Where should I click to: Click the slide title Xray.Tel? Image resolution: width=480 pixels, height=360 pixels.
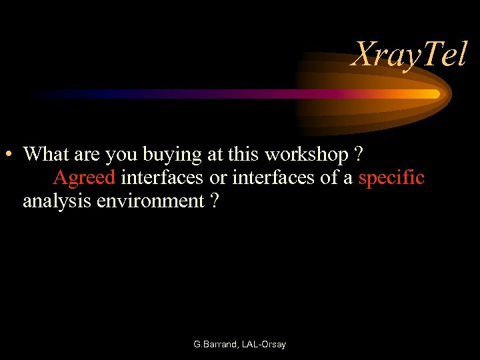(x=409, y=55)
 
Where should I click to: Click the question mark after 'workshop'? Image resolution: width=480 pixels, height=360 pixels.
(x=359, y=155)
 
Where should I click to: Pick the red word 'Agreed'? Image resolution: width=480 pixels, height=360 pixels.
(x=84, y=179)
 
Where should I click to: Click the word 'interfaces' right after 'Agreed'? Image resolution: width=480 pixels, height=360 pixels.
(x=162, y=178)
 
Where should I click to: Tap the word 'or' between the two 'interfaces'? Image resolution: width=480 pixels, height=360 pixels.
(x=218, y=178)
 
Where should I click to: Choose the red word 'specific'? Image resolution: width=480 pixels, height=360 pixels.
(x=391, y=179)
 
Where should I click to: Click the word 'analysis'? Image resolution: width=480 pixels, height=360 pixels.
(x=57, y=201)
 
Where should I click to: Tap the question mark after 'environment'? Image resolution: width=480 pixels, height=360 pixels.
(x=214, y=201)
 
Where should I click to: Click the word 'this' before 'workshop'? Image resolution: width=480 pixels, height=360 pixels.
(x=245, y=155)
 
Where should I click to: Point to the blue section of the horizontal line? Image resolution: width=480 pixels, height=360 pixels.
(x=100, y=94)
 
